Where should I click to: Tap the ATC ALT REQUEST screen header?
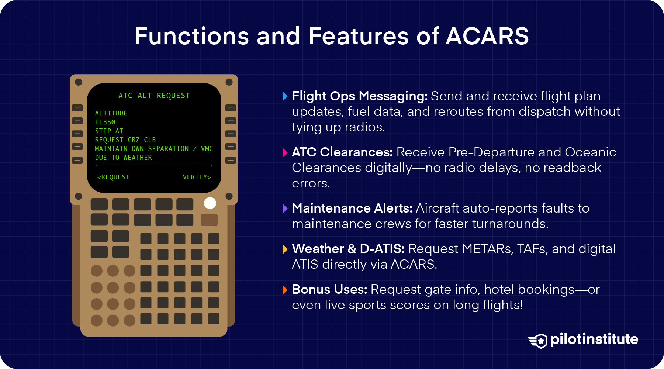(x=154, y=96)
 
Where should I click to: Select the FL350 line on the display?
(x=105, y=122)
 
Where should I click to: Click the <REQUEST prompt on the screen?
(x=114, y=177)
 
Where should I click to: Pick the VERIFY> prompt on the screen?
(x=197, y=177)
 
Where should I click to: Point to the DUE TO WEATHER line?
(x=123, y=158)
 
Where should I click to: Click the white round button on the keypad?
(x=210, y=203)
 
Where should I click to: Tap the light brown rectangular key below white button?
(x=209, y=220)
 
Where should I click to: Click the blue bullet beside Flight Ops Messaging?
(x=284, y=96)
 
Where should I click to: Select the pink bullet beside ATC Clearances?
(x=284, y=152)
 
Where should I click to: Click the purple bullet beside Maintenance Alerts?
(x=284, y=208)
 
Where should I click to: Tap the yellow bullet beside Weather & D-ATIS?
(x=284, y=249)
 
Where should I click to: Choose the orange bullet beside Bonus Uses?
(x=284, y=290)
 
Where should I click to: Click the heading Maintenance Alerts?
(x=352, y=208)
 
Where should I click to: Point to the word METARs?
(x=487, y=249)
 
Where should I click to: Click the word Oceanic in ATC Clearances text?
(x=590, y=152)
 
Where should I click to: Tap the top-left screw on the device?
(x=79, y=82)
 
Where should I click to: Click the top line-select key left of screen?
(x=77, y=108)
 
